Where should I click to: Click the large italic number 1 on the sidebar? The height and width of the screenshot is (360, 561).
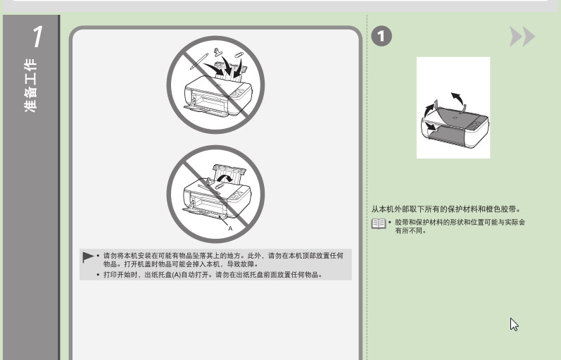[38, 37]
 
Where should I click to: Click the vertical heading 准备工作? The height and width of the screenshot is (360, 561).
[31, 86]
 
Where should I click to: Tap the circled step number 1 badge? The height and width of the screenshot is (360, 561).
[382, 36]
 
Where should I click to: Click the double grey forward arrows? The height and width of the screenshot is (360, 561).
[522, 36]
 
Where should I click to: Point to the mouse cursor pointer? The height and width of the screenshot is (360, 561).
[514, 325]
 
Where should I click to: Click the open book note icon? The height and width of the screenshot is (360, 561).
[379, 224]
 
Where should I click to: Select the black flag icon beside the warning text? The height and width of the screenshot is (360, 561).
[88, 257]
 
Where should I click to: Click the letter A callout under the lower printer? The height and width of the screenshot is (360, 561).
[230, 228]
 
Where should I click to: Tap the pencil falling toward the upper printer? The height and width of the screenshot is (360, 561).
[199, 61]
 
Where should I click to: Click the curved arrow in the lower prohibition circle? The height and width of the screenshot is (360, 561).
[225, 178]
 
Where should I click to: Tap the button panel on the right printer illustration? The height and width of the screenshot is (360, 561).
[476, 125]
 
